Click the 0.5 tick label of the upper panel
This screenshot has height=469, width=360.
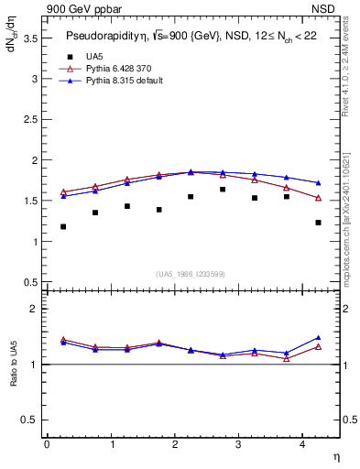pyautogui.click(x=29, y=282)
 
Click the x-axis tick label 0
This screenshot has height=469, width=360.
pyautogui.click(x=47, y=444)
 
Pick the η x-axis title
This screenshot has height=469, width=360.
pyautogui.click(x=335, y=456)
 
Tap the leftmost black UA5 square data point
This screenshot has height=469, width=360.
pyautogui.click(x=63, y=226)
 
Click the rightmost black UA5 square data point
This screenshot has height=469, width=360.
pyautogui.click(x=318, y=223)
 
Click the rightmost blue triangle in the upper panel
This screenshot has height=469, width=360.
pyautogui.click(x=318, y=183)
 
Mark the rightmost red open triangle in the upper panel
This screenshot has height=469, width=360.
pyautogui.click(x=318, y=198)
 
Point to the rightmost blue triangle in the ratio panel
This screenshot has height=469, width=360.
pyautogui.click(x=318, y=338)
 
